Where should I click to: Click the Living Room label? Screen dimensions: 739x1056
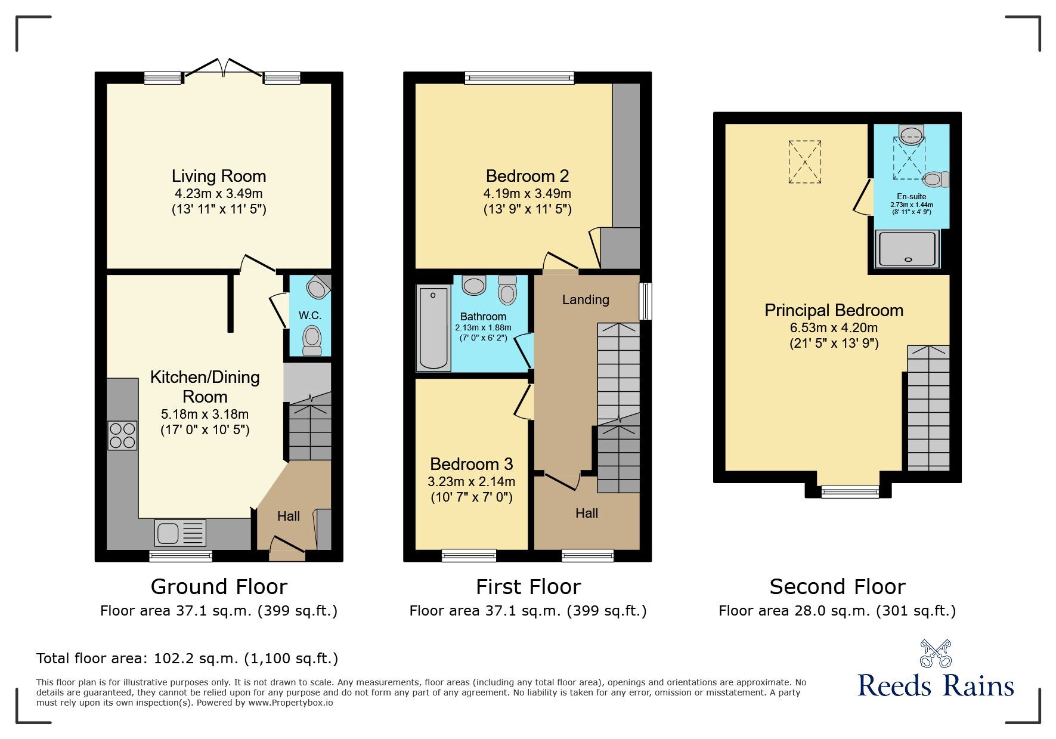pyautogui.click(x=219, y=176)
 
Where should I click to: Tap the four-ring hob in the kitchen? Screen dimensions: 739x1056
pyautogui.click(x=122, y=435)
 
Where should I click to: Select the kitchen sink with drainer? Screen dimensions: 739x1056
pyautogui.click(x=180, y=533)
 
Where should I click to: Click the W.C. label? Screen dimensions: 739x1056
pyautogui.click(x=309, y=315)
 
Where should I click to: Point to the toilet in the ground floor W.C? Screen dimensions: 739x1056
pyautogui.click(x=312, y=340)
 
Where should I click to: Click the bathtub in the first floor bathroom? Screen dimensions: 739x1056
pyautogui.click(x=433, y=328)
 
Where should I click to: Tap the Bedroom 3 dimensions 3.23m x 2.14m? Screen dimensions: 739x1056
pyautogui.click(x=471, y=481)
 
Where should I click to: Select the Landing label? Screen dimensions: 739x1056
pyautogui.click(x=586, y=299)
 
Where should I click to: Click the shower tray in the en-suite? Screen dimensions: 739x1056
pyautogui.click(x=907, y=249)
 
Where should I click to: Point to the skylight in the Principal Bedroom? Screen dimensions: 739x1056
pyautogui.click(x=805, y=162)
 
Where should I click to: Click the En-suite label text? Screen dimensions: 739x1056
pyautogui.click(x=911, y=196)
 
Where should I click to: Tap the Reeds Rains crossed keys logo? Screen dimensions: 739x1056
pyautogui.click(x=935, y=654)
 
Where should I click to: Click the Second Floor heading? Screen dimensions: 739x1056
pyautogui.click(x=837, y=587)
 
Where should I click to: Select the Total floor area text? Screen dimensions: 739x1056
pyautogui.click(x=187, y=658)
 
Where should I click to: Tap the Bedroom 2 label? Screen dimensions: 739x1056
pyautogui.click(x=527, y=176)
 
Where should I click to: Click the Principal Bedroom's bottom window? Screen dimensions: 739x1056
pyautogui.click(x=850, y=491)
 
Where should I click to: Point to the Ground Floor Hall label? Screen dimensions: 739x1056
pyautogui.click(x=289, y=516)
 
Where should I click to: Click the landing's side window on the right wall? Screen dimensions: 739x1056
pyautogui.click(x=645, y=301)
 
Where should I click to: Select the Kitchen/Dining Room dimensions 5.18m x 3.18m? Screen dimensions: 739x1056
pyautogui.click(x=205, y=414)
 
